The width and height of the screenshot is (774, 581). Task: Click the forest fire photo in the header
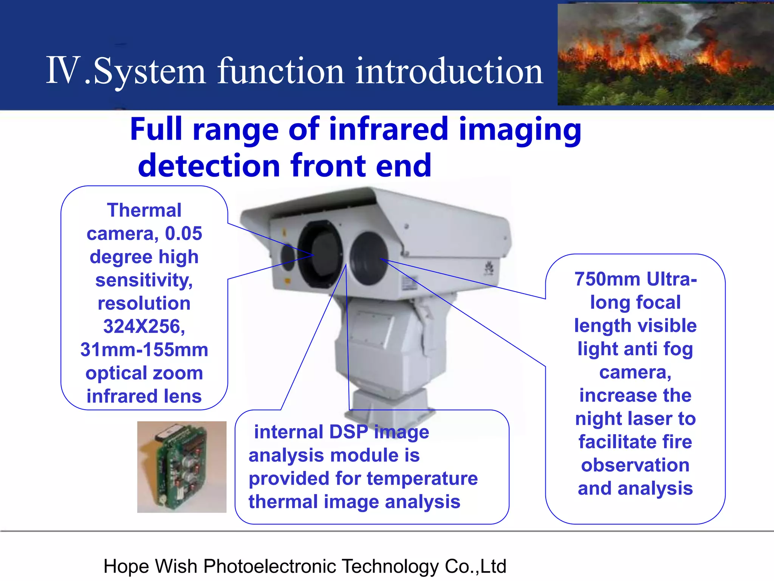pos(665,55)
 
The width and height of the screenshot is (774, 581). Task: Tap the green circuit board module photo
pos(182,467)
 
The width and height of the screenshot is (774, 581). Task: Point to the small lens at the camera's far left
pos(288,257)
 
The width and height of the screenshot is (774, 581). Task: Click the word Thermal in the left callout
pos(144,210)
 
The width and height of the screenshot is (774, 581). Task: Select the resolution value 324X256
pos(144,326)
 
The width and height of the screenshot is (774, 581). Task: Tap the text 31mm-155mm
pos(144,350)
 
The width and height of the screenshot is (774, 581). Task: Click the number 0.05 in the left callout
pos(184,234)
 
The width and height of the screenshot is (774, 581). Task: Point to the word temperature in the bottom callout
pos(422,478)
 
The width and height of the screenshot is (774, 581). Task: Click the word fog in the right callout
pos(678,349)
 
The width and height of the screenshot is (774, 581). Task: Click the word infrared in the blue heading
pos(389,130)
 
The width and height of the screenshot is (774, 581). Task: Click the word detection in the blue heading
pos(209,166)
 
